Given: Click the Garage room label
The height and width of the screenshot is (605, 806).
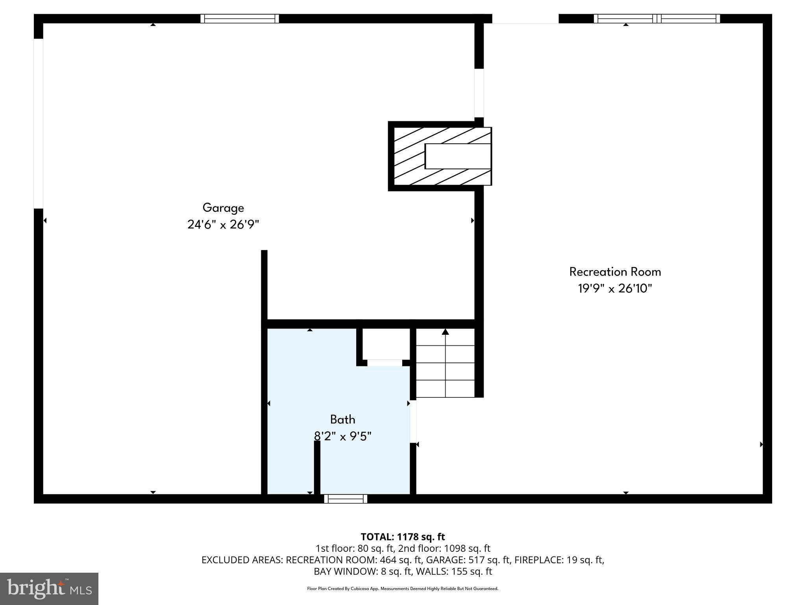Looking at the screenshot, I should click(223, 208).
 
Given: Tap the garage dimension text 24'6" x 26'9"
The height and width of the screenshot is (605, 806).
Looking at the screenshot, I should click(223, 225).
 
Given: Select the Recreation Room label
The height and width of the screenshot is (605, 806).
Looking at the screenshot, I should click(615, 272).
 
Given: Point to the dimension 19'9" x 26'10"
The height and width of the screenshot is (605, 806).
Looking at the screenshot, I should click(615, 289).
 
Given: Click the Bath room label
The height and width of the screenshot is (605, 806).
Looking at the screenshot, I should click(342, 419).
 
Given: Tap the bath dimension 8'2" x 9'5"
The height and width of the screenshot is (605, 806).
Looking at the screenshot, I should click(342, 436).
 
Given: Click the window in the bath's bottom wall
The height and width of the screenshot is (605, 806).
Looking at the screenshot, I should click(346, 499).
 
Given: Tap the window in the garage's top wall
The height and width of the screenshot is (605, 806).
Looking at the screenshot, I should click(240, 19).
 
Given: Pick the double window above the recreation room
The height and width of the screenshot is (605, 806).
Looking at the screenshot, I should click(657, 19).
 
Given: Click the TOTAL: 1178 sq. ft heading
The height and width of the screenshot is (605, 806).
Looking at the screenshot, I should click(403, 537).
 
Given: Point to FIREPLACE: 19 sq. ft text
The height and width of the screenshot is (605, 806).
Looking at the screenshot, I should click(559, 560).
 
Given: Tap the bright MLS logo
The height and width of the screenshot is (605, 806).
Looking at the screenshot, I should click(49, 589).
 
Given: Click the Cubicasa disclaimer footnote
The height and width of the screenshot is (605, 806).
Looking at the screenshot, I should click(403, 589).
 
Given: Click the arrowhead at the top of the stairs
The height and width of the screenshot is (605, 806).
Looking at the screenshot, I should click(445, 332).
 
